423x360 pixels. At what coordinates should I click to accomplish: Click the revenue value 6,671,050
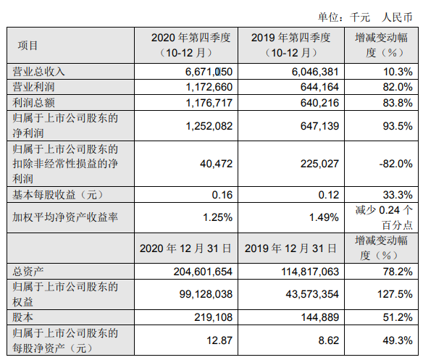[209, 72]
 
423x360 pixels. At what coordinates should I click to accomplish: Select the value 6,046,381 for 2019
[315, 72]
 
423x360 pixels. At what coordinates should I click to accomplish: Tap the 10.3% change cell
[398, 72]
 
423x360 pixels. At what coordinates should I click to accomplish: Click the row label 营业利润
[34, 87]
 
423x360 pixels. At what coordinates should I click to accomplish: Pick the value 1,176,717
[209, 103]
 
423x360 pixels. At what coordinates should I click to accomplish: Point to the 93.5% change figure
[398, 126]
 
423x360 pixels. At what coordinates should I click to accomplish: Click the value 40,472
[216, 164]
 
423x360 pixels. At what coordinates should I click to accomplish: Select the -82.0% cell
[395, 164]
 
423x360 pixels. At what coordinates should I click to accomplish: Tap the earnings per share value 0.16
[222, 195]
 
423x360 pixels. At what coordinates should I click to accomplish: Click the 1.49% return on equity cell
[324, 217]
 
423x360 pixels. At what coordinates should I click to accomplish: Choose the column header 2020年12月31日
[185, 248]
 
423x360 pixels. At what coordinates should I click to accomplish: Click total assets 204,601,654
[203, 271]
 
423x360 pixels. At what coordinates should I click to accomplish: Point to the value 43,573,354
[312, 294]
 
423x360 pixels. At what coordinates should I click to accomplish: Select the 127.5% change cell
[395, 294]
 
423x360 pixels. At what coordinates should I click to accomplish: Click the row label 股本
[22, 317]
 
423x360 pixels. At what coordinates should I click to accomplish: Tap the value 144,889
[320, 317]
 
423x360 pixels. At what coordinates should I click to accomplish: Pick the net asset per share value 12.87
[219, 340]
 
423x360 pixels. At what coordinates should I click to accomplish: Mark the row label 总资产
[28, 271]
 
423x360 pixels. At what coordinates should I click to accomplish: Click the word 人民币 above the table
[397, 17]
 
